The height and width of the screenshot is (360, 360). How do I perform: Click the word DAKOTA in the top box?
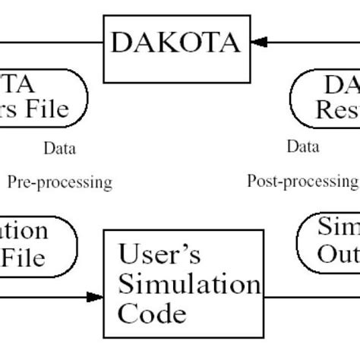pos(175,43)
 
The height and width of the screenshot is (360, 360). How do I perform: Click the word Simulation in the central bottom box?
pos(186,285)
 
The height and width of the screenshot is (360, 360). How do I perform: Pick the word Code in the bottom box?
pos(151,313)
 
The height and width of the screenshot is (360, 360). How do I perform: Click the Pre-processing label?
pos(60,182)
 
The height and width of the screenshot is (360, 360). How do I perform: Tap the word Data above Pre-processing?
pos(59,149)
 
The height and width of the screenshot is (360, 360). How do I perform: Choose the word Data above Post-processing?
pos(302,146)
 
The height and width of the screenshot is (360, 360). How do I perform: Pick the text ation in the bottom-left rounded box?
pos(23,230)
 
